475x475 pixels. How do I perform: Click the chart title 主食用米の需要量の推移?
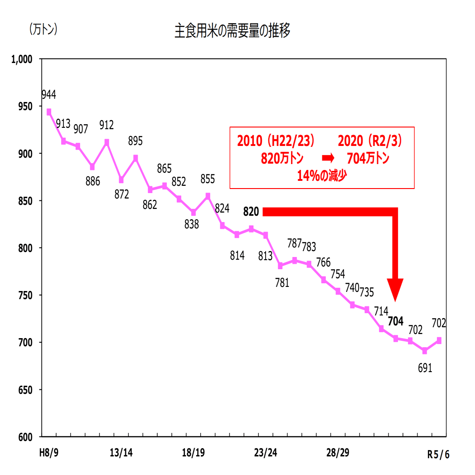233,32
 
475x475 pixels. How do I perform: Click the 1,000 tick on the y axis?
22,59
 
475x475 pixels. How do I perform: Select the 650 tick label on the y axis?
25,390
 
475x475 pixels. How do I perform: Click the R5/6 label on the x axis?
438,454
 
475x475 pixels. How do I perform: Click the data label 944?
48,95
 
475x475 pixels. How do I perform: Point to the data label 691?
425,368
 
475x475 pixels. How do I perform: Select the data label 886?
92,182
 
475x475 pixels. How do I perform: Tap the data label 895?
135,141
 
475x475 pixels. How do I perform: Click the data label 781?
281,283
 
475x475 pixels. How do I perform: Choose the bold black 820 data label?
251,212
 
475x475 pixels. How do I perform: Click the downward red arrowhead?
396,290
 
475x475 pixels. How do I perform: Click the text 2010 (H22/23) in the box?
276,141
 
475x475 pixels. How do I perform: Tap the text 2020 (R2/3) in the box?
370,141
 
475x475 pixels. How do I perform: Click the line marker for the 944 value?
49,111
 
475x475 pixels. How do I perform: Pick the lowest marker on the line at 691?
425,351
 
